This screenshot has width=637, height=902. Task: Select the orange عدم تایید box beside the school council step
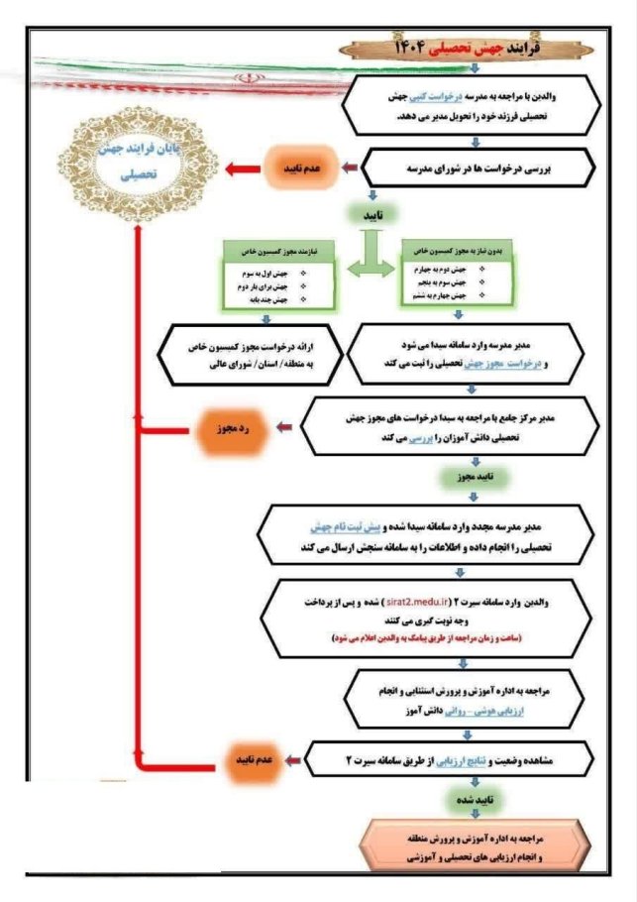[294, 169]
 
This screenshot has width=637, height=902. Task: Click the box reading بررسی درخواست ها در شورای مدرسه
[481, 169]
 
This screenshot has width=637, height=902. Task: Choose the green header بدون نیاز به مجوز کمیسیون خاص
[457, 252]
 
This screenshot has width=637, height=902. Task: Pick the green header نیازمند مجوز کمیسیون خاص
[279, 252]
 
